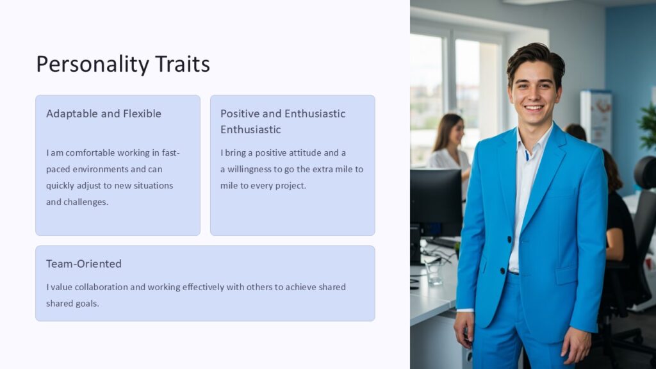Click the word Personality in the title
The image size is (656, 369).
[x=92, y=65]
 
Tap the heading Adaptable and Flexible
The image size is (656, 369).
[x=104, y=114]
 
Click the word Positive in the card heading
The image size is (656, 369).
[x=240, y=114]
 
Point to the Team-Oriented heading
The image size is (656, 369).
[x=84, y=264]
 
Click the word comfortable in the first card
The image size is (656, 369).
[x=89, y=153]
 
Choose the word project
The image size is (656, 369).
[x=290, y=186]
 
